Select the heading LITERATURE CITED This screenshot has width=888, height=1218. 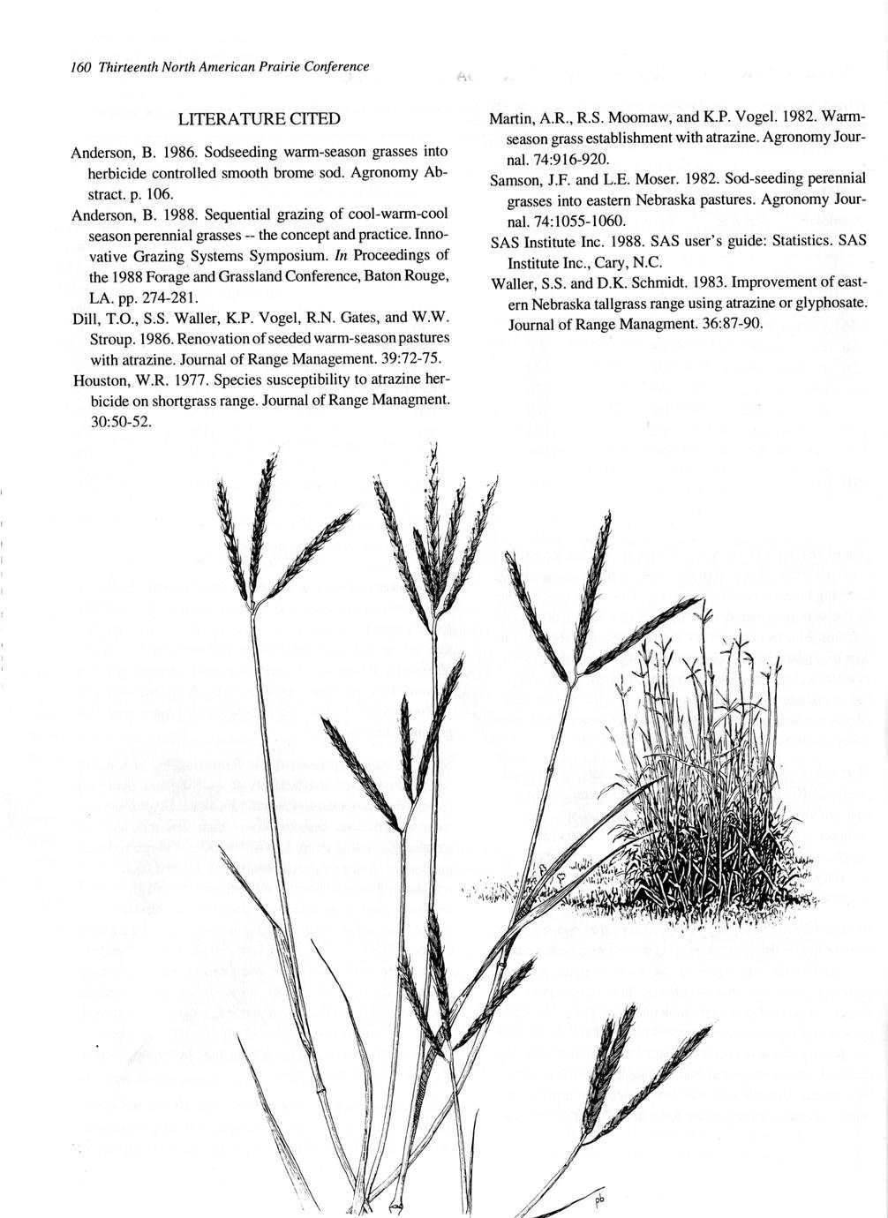pyautogui.click(x=259, y=118)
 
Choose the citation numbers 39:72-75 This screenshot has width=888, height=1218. pyautogui.click(x=407, y=359)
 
